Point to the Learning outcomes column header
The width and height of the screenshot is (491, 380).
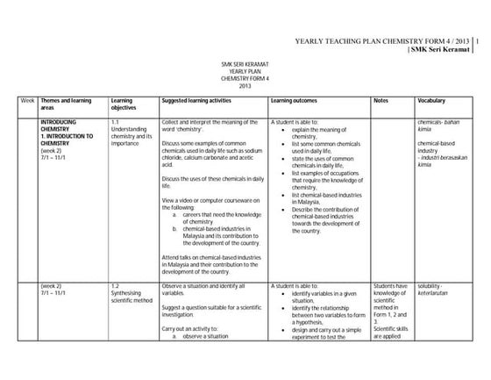pyautogui.click(x=294, y=101)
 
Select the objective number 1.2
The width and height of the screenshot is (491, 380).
pyautogui.click(x=117, y=286)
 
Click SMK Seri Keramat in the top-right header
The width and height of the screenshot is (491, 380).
pyautogui.click(x=445, y=49)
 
